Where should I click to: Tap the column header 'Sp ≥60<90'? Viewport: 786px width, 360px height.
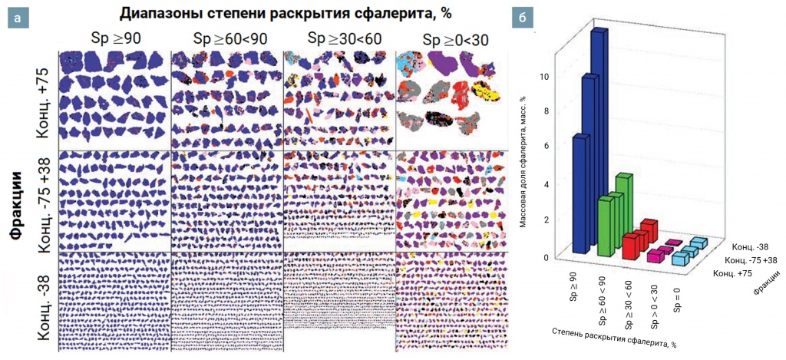point(226,39)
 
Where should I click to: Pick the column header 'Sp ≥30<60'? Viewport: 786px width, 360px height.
point(339,38)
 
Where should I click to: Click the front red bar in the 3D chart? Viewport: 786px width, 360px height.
point(630,246)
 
